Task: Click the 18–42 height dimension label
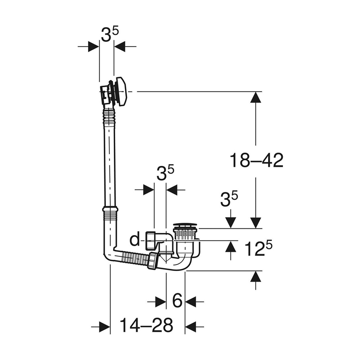click(x=256, y=161)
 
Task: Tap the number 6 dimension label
click(x=177, y=302)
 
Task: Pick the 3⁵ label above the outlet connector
click(x=165, y=174)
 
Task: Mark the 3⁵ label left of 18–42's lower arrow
click(x=229, y=199)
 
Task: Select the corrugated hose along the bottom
click(x=134, y=257)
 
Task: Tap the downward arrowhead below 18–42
click(x=255, y=222)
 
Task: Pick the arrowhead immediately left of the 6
click(x=161, y=302)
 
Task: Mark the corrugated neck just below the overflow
click(x=110, y=114)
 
